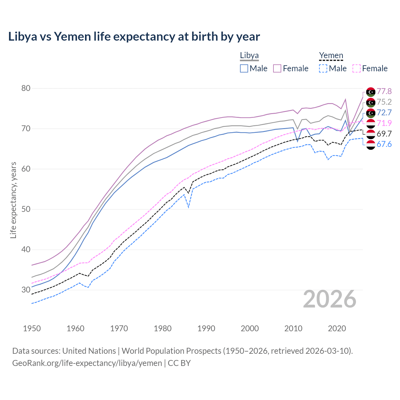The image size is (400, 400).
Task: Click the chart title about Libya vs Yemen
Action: coord(134,37)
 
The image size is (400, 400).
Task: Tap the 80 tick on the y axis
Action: coord(26,88)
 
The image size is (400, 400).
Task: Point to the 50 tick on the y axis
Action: coord(26,209)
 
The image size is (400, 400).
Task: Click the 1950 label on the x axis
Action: coord(32,328)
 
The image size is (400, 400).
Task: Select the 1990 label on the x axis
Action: coord(206,328)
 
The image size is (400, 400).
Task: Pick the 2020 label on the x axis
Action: coord(337,328)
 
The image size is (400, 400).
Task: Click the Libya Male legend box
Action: coord(244,68)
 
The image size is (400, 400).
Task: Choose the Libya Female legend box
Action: coord(277,68)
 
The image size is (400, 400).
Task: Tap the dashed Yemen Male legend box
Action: coord(323,68)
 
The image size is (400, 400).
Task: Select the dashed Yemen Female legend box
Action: coord(356,68)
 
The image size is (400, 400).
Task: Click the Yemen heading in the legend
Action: coord(331,56)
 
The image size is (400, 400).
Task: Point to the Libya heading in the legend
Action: coord(249,56)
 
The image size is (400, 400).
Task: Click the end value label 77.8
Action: coord(384,91)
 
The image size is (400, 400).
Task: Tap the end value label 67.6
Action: coord(384,144)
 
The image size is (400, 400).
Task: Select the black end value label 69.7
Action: coord(384,134)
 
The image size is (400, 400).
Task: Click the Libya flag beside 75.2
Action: coord(371,102)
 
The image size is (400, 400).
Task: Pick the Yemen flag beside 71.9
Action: coord(371,123)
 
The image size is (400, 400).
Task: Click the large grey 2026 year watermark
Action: coord(330,299)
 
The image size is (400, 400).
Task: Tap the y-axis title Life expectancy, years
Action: coord(13,200)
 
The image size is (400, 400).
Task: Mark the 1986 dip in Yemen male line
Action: coord(188,207)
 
